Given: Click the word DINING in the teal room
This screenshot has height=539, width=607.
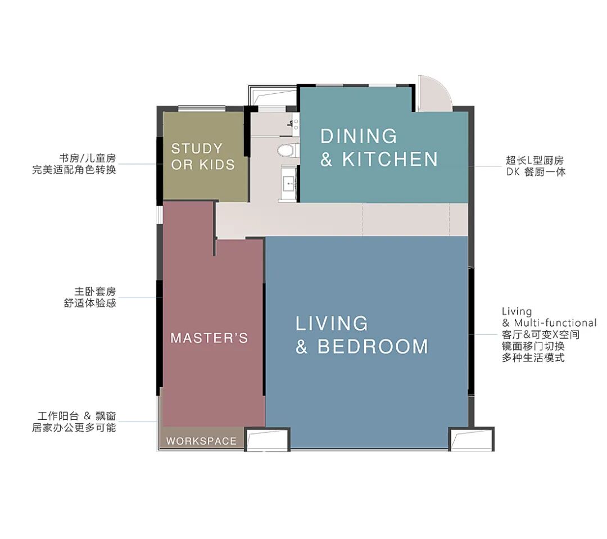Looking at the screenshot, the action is (359, 136).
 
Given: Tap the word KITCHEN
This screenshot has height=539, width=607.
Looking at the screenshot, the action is (390, 159).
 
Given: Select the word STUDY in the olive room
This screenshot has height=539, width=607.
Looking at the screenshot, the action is (197, 148).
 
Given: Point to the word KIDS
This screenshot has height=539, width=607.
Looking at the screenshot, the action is (217, 165).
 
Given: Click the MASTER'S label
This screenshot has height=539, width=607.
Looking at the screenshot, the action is (209, 338).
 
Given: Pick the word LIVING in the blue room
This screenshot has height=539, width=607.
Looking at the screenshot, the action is (332, 324).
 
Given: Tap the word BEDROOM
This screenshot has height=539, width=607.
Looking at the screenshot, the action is (373, 347).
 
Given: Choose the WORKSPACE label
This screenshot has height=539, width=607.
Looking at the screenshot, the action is (201, 441).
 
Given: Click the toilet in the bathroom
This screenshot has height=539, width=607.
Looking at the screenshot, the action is (288, 151).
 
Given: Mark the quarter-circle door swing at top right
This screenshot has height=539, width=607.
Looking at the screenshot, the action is (436, 93).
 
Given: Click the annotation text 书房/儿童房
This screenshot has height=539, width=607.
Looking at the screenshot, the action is (88, 158).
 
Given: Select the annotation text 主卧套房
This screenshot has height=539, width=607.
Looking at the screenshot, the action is (95, 291).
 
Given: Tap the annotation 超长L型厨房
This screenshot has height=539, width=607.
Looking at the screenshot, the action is (534, 160).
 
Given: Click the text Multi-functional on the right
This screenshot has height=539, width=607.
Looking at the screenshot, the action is (555, 323).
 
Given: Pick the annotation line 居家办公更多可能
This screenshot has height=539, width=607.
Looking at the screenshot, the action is (74, 428).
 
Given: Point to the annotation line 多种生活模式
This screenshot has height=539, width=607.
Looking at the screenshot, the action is (533, 357).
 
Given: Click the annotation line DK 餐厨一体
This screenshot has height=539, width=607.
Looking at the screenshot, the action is (536, 171).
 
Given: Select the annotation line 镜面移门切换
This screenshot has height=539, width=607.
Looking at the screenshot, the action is (533, 346).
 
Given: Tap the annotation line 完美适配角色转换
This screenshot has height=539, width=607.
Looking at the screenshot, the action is (74, 170).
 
